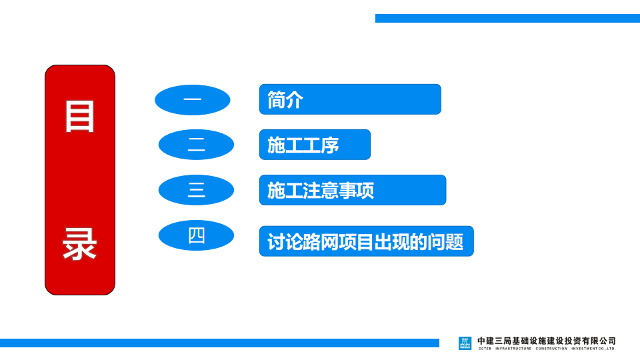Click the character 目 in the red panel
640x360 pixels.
click(79, 117)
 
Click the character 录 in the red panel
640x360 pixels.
click(79, 244)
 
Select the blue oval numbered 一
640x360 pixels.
click(192, 100)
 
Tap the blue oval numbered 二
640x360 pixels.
click(196, 145)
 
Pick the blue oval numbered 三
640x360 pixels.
click(196, 190)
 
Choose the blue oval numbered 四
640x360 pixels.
click(196, 235)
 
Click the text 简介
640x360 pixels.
click(285, 99)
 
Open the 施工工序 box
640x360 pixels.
click(315, 145)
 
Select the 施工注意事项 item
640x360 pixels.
click(353, 190)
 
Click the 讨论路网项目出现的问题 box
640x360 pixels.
click(367, 241)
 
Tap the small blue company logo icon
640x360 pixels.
click(465, 343)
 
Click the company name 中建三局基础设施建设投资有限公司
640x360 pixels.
click(547, 341)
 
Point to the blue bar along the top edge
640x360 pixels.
click(507, 19)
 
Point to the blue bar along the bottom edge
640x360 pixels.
click(219, 343)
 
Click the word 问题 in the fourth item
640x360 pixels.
click(446, 241)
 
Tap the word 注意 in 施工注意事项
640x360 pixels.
click(321, 190)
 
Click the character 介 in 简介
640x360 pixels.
click(294, 99)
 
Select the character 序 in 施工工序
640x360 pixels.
click(330, 145)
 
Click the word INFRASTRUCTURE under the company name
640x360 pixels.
click(513, 349)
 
